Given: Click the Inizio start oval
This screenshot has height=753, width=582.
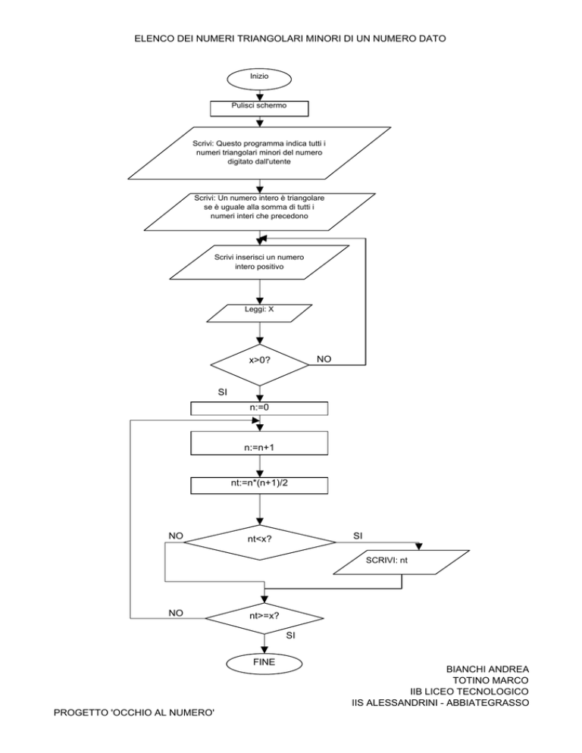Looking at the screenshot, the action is pos(259,79).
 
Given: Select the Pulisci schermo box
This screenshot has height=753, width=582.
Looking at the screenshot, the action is pos(259,108).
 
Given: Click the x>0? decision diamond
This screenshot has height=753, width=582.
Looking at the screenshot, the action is pos(259,365).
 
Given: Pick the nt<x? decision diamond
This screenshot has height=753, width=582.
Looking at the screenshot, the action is pos(260,542).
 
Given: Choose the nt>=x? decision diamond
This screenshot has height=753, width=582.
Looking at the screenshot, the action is pos(264,618).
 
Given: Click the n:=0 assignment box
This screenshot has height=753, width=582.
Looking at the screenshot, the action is pos(259,408).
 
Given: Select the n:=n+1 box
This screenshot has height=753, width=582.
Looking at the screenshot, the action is pos(259,442).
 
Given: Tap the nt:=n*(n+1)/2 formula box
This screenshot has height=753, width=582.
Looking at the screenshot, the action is pos(259,486).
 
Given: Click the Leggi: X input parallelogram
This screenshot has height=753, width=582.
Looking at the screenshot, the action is pos(259,313).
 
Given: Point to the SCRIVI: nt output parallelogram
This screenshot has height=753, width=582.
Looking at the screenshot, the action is pos(402,562).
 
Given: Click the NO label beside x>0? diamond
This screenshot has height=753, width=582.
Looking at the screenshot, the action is pos(324,359).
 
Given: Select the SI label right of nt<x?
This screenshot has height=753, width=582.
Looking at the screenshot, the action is pos(358,536).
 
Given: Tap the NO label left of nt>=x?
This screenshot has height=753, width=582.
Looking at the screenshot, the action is pos(176,614).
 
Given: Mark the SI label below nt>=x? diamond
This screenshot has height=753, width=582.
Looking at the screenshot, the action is pos(291,636).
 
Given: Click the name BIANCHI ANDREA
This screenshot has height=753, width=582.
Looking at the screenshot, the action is pos(487,670).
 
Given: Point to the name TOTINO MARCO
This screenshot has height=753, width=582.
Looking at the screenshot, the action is pos(490,680).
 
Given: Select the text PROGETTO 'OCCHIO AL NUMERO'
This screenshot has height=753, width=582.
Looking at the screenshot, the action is pos(134,713).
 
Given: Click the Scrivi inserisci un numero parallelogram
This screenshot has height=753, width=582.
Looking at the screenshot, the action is pos(259,262).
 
